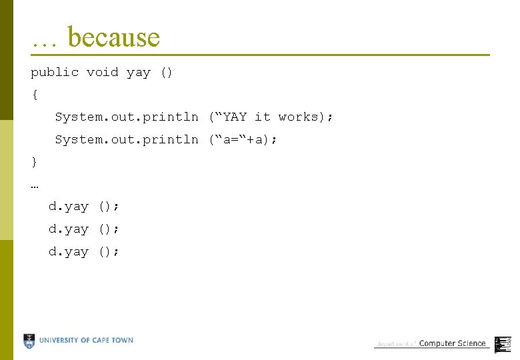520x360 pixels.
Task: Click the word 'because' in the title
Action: point(114,37)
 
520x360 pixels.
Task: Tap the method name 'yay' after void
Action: point(139,73)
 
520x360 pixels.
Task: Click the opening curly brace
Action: point(35,95)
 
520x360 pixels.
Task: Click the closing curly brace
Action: point(35,162)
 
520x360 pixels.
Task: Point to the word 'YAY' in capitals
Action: point(235,117)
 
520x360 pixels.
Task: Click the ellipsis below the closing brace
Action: point(35,185)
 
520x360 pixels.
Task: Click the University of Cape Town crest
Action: point(29,341)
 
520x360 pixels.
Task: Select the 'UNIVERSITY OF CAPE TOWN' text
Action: point(86,341)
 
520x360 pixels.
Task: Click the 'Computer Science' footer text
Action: point(452,343)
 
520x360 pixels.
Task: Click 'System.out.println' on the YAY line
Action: point(127,117)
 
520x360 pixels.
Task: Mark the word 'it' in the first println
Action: point(263,117)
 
